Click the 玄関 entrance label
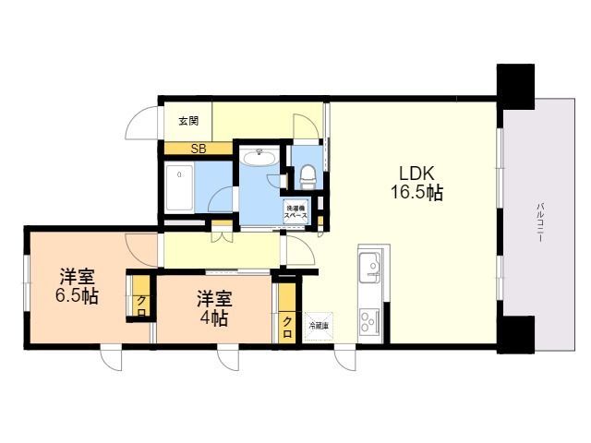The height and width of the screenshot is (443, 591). pos(188,121)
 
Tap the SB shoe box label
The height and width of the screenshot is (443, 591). pos(198,148)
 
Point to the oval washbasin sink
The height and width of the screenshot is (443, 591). pos(259,159)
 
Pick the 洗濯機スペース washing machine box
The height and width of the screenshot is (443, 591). pos(295,211)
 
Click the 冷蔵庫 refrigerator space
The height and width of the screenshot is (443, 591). pos(317,325)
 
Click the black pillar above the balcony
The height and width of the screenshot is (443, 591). pos(515,84)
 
